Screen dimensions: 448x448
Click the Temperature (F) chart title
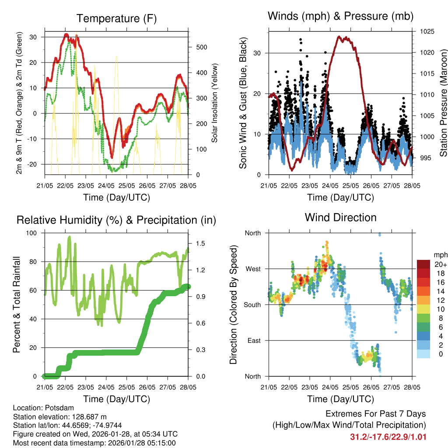pyautogui.click(x=116, y=18)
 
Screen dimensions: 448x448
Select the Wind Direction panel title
pyautogui.click(x=340, y=217)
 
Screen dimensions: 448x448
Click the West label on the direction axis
pyautogui.click(x=252, y=269)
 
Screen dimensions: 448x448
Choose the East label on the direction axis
pyautogui.click(x=253, y=340)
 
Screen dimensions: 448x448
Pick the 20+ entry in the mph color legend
pyautogui.click(x=438, y=264)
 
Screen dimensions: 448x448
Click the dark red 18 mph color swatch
pyautogui.click(x=423, y=273)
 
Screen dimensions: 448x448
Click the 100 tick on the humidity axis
pyautogui.click(x=33, y=233)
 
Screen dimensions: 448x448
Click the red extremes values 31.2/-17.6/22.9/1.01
pyautogui.click(x=388, y=437)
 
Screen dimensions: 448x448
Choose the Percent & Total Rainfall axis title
pyautogui.click(x=16, y=304)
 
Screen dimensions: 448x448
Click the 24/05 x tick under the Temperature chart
pyautogui.click(x=106, y=185)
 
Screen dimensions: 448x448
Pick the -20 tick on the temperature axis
pyautogui.click(x=32, y=164)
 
